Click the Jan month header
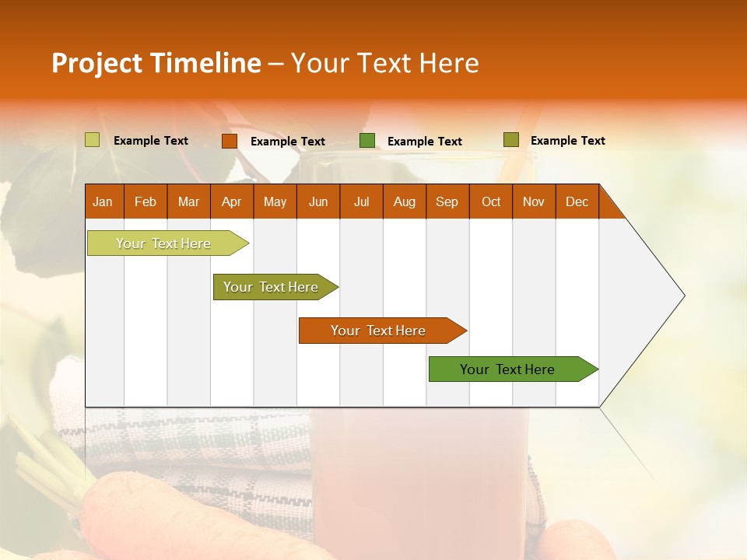point(103,201)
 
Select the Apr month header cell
point(232,201)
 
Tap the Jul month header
point(361,201)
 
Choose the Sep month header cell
point(447,201)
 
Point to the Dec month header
point(577,201)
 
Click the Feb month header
point(146,201)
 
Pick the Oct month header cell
point(491,201)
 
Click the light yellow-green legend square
point(92,140)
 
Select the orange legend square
point(230,141)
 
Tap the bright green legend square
point(367,141)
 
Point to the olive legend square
point(510,140)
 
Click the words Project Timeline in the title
point(156,63)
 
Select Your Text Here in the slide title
point(384,63)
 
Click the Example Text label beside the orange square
point(288,142)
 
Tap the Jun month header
point(318,201)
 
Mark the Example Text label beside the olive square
point(567,141)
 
